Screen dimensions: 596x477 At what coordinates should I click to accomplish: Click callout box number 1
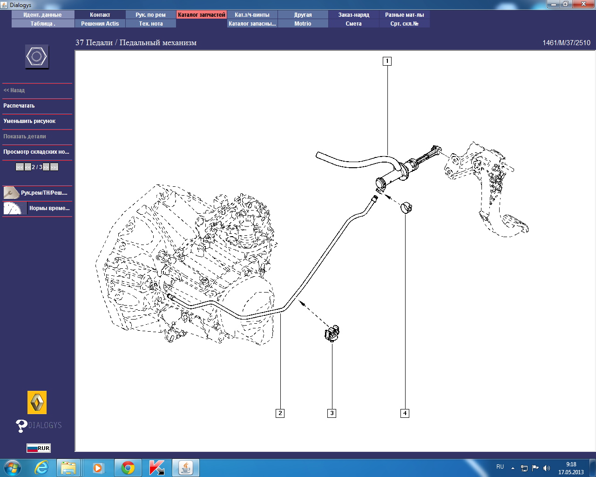387,61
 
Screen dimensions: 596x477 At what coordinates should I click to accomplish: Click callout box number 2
280,413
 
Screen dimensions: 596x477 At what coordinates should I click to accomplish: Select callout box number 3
332,413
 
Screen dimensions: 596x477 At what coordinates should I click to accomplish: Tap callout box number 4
405,413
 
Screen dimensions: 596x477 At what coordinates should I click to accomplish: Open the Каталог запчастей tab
201,15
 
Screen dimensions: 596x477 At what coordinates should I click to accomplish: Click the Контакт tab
100,15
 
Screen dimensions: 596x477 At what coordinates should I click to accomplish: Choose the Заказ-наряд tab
353,15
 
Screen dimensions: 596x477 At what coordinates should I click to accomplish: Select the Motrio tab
303,24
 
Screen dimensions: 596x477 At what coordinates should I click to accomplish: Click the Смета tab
353,24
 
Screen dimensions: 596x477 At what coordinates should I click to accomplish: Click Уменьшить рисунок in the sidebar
29,121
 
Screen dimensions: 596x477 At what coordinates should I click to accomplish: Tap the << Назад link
14,90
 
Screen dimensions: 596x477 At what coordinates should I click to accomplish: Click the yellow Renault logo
37,402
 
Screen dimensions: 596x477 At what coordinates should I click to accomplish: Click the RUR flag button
39,448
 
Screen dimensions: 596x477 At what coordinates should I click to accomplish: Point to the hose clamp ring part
406,208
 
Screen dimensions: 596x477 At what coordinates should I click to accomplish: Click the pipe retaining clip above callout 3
332,334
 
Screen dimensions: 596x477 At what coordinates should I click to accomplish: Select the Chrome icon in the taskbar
128,468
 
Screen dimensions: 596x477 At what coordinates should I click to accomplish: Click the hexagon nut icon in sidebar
37,56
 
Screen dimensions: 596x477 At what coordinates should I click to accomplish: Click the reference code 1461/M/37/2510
566,43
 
